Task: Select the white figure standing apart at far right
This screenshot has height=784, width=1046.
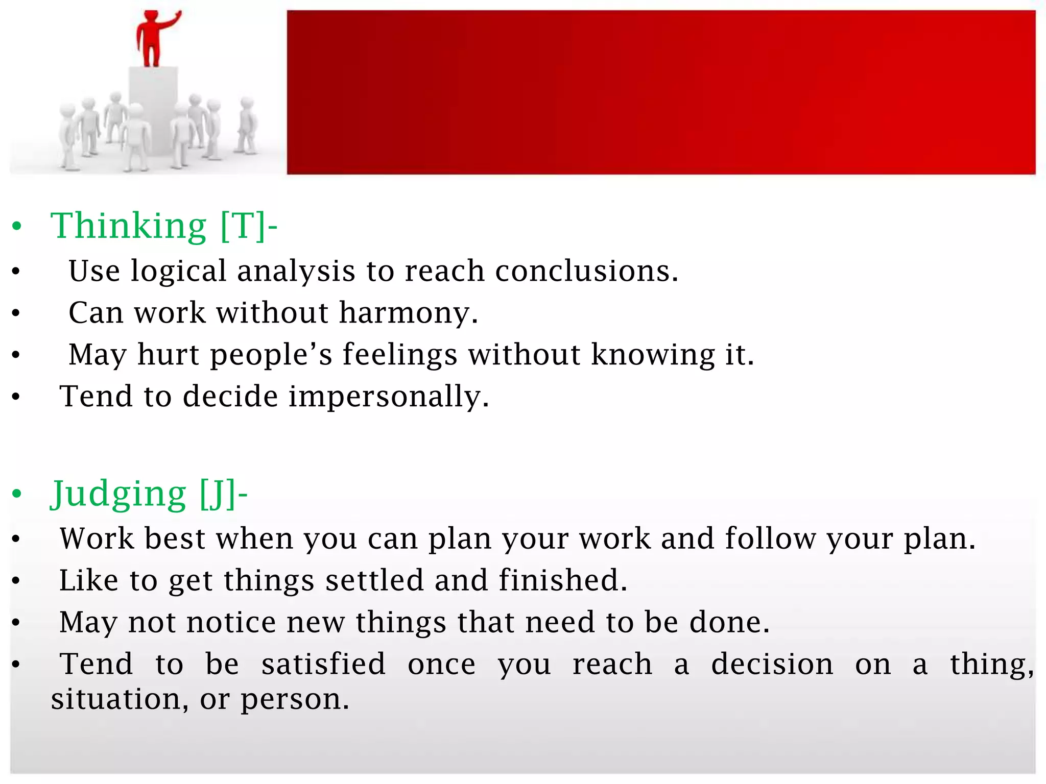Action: pyautogui.click(x=247, y=125)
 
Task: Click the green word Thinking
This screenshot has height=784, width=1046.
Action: pyautogui.click(x=128, y=226)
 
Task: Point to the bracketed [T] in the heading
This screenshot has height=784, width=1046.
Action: pyautogui.click(x=243, y=226)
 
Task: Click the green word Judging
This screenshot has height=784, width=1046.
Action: pyautogui.click(x=118, y=494)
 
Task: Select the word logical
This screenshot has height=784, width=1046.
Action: pyautogui.click(x=178, y=271)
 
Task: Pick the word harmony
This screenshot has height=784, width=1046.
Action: pyautogui.click(x=408, y=312)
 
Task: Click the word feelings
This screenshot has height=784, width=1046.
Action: pyautogui.click(x=399, y=354)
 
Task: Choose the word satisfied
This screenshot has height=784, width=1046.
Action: pyautogui.click(x=323, y=664)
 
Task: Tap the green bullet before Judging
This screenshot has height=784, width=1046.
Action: pyautogui.click(x=17, y=494)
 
